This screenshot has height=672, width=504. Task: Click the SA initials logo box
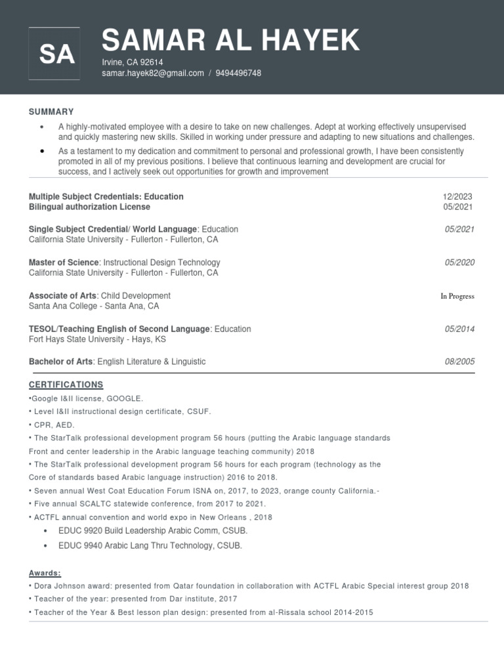pos(55,54)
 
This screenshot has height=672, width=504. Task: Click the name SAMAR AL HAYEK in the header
pos(230,41)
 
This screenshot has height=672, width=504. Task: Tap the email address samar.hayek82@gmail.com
pos(152,73)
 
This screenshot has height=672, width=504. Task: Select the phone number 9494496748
pos(239,73)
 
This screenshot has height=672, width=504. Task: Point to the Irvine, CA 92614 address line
pos(132,62)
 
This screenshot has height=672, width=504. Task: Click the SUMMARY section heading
pos(51,112)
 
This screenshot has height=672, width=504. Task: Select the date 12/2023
pos(457,197)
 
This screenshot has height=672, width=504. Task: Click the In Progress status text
pos(457,297)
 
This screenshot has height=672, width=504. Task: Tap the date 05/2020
pos(459,262)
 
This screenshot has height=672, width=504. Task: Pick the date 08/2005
pos(459,362)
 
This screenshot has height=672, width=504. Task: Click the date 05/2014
pos(459,329)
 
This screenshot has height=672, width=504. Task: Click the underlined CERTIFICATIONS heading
pos(66,385)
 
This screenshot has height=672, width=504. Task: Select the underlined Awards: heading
pos(45,573)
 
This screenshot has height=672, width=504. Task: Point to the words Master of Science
pos(64,262)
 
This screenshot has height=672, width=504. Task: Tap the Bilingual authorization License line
pos(89,207)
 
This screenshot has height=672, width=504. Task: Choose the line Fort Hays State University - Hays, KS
pos(97,339)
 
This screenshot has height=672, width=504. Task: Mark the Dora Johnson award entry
pos(249,586)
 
